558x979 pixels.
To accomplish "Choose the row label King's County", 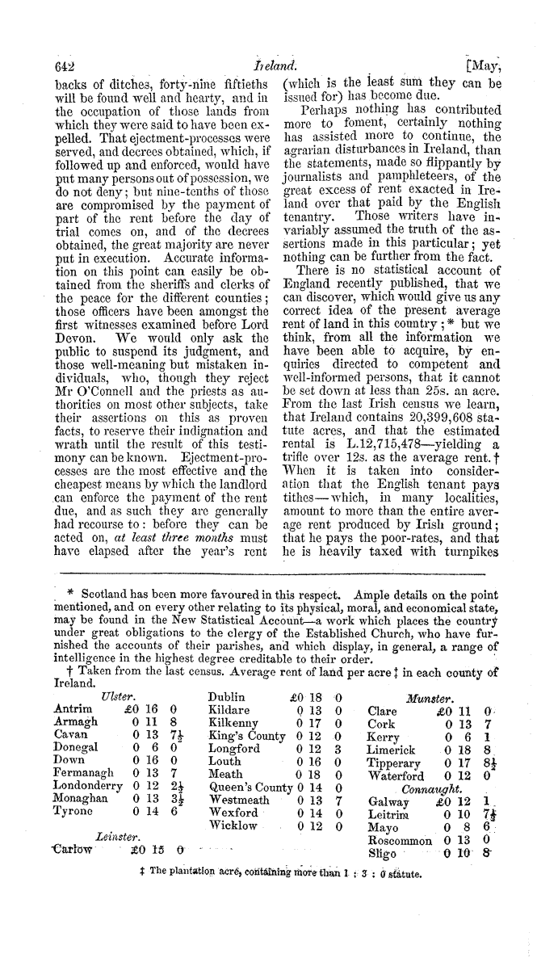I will click(246, 716).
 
